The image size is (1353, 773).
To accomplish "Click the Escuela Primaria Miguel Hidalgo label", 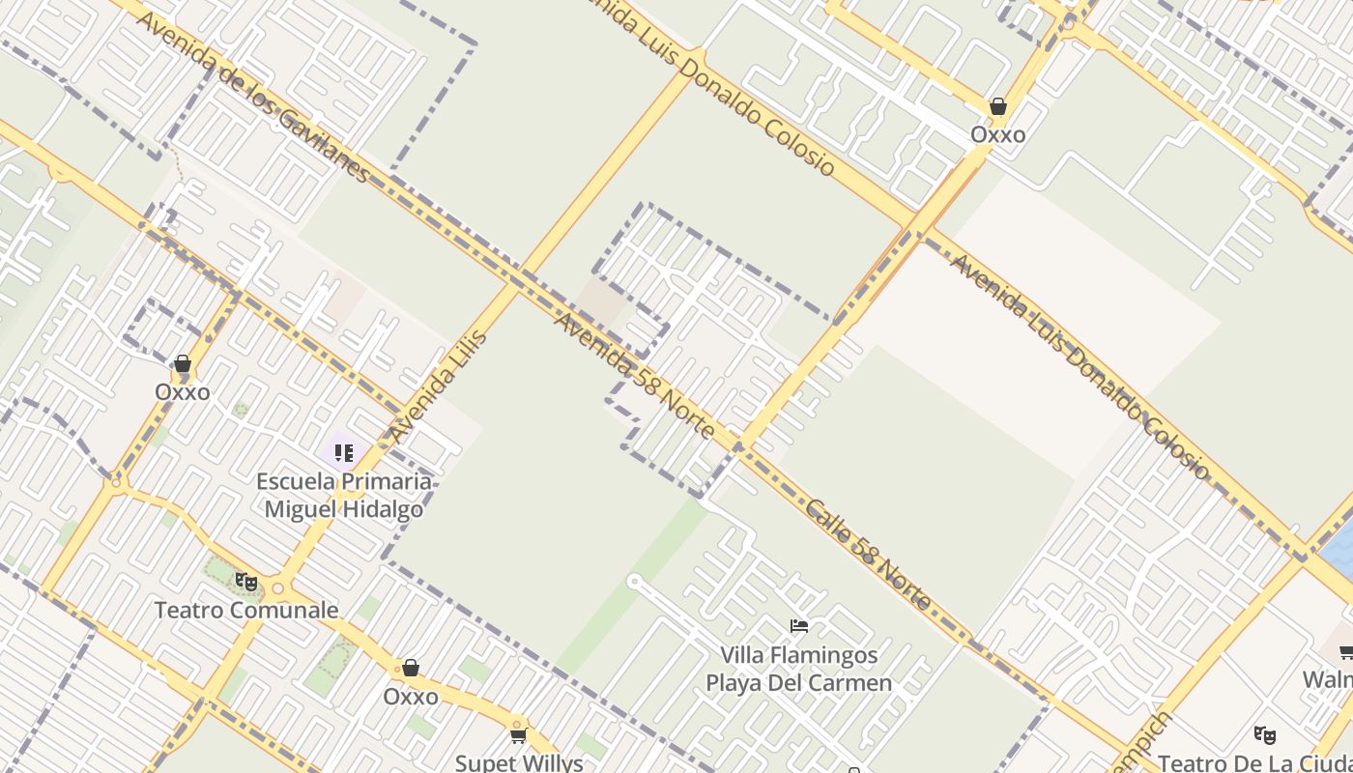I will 344,495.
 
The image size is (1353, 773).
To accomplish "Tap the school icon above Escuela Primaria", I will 343,452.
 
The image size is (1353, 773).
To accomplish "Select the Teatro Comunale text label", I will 246,610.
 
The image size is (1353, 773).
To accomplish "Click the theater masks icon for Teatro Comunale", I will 246,582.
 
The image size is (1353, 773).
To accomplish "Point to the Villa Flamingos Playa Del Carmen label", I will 798,669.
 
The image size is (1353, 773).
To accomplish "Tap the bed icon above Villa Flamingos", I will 798,626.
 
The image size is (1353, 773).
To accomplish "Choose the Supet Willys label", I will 519,762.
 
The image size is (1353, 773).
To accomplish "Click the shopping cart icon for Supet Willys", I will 518,735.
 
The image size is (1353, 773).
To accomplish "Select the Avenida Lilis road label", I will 438,386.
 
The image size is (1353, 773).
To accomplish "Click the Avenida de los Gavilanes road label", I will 253,97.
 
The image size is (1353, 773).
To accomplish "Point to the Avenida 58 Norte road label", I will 634,374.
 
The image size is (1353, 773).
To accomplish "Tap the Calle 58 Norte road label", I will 869,555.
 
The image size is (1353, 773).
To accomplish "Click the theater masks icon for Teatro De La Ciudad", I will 1264,734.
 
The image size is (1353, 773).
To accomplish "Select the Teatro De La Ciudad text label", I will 1255,763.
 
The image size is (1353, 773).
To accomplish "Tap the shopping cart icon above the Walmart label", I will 1345,652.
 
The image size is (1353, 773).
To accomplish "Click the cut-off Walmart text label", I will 1328,679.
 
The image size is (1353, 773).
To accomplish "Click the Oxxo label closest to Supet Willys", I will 411,696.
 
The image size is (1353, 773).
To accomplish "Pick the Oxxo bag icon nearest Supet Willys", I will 411,668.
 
